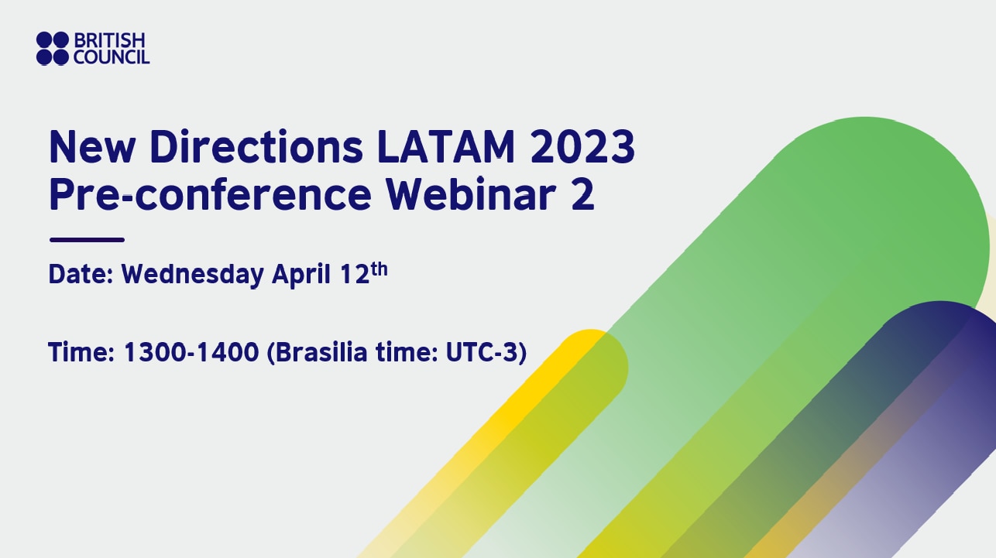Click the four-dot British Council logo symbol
53,47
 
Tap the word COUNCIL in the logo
111,56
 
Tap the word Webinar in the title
469,195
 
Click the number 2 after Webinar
582,195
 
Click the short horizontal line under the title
86,240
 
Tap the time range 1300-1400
191,352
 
